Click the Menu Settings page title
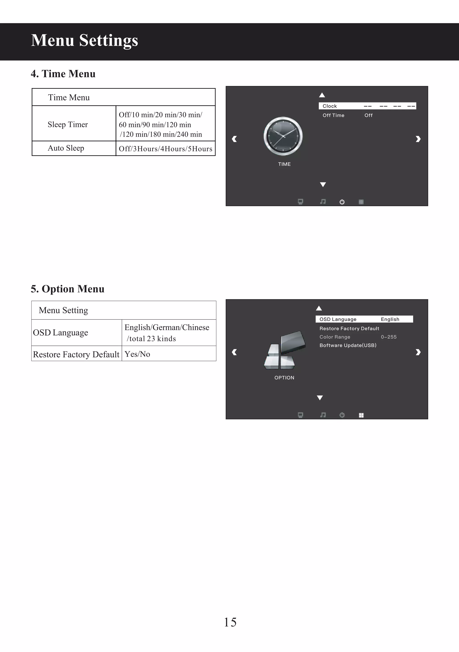point(84,40)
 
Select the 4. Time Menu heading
point(63,74)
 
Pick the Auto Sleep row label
point(66,148)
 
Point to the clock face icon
point(283,136)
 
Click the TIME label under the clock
point(284,164)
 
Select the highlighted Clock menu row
point(367,106)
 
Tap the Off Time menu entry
point(333,115)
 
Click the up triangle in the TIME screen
point(322,95)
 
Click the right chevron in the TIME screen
point(418,139)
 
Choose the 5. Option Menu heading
point(67,289)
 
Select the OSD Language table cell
point(61,333)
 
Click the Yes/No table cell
point(137,354)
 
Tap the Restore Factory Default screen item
point(349,328)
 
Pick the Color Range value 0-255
point(389,337)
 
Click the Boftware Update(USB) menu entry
point(348,345)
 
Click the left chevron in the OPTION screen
point(234,352)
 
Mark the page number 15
point(230,622)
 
